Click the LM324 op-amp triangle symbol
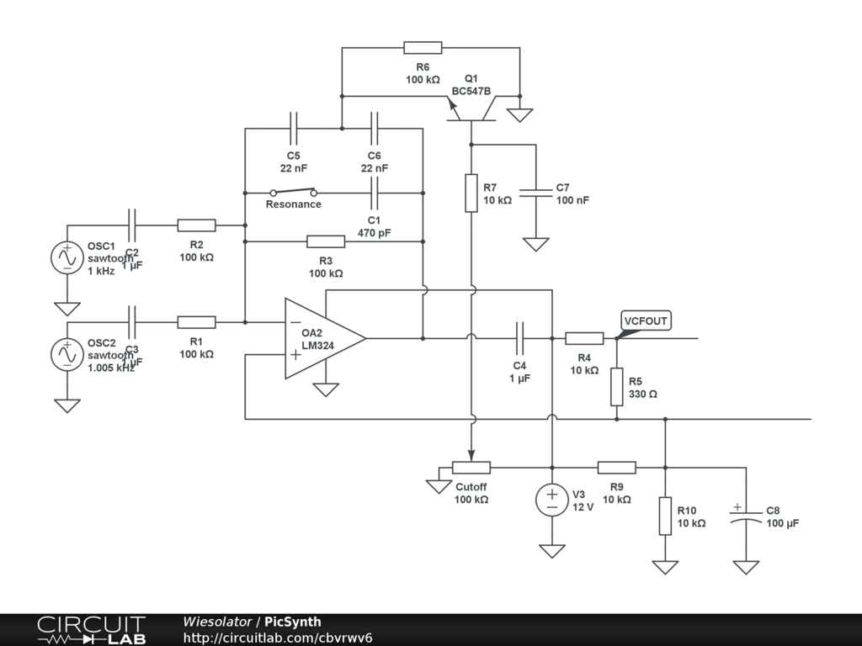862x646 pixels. coord(323,338)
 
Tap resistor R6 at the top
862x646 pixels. coord(423,48)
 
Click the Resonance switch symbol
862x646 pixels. coord(293,192)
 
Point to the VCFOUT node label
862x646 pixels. coord(646,320)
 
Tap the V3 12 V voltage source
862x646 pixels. coord(552,500)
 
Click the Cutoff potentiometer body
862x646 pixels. coord(471,468)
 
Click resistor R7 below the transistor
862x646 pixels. coord(471,193)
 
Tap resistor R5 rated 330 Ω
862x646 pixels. coord(616,387)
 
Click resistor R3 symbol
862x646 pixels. coord(326,242)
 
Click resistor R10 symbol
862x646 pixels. coord(665,516)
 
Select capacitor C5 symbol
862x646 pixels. coord(293,129)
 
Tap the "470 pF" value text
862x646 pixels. coord(375,233)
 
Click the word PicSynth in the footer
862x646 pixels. coord(292,622)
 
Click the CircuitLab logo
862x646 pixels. coord(91,630)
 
